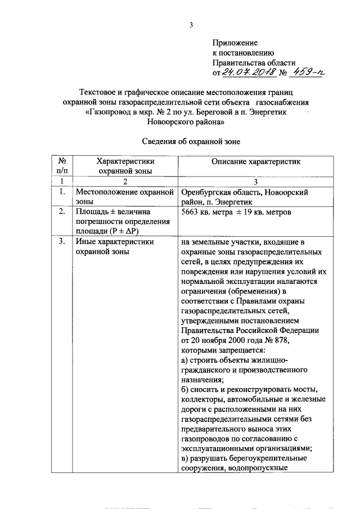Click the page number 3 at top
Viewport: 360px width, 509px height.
pyautogui.click(x=191, y=24)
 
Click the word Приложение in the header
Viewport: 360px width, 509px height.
pyautogui.click(x=235, y=43)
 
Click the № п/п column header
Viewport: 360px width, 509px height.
pyautogui.click(x=63, y=166)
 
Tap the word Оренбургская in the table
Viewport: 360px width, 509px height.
pyautogui.click(x=206, y=192)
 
